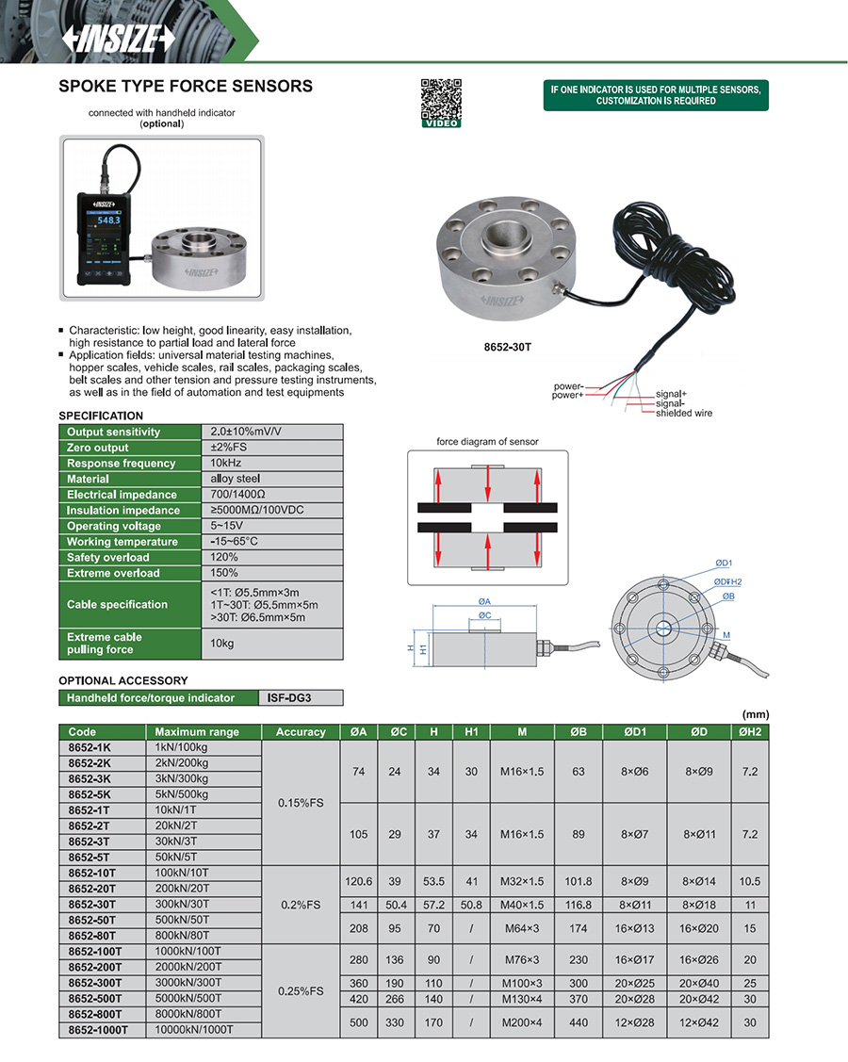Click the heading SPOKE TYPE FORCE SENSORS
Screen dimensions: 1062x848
[x=186, y=87]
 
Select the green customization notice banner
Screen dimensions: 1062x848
[x=656, y=95]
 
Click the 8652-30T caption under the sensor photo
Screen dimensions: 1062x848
[x=508, y=347]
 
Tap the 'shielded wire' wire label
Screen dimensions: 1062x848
[x=684, y=413]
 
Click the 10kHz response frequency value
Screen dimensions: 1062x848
[x=224, y=464]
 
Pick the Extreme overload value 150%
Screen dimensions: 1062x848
[x=225, y=573]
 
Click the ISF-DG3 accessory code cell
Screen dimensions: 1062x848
[x=300, y=698]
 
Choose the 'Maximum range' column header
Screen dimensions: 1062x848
[x=197, y=732]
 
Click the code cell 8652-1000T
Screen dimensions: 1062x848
[x=98, y=1030]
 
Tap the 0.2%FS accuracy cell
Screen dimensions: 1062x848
[x=301, y=905]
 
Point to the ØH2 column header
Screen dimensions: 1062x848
[x=749, y=732]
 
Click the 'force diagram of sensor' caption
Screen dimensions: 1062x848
[x=487, y=442]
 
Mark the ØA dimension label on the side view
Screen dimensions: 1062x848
[x=483, y=601]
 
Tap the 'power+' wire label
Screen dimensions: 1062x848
[x=567, y=395]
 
